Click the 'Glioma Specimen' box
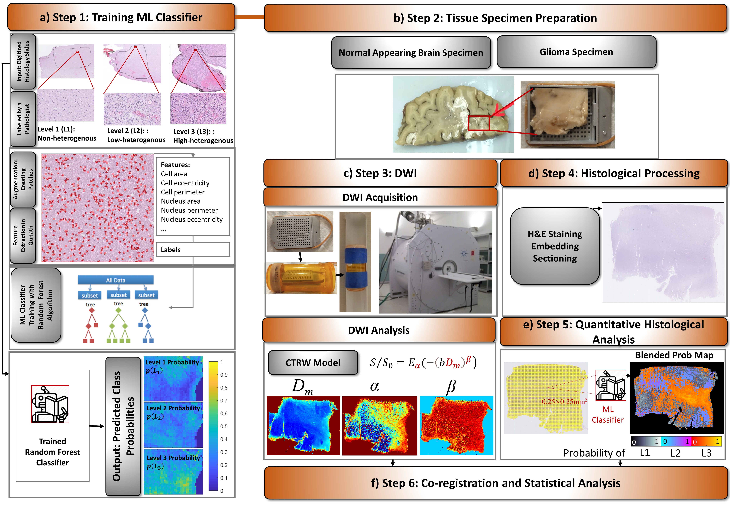(x=576, y=52)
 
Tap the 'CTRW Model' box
(x=313, y=362)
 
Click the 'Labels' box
(x=193, y=250)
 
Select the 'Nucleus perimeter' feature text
(x=189, y=210)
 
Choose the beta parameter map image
(x=456, y=425)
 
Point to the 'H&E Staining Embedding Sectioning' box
(x=555, y=246)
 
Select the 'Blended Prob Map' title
(x=674, y=355)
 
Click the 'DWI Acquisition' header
(x=380, y=197)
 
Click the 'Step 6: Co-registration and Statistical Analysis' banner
(x=496, y=483)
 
